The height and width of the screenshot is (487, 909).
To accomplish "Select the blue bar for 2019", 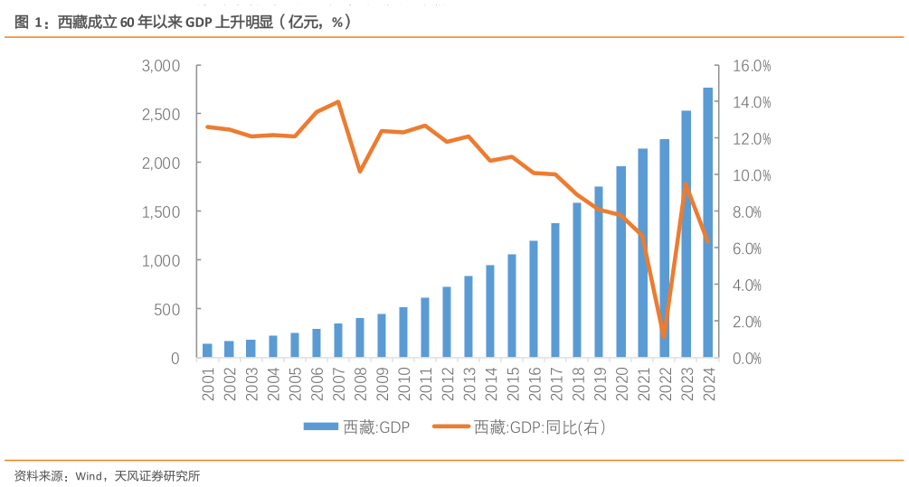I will (x=599, y=272).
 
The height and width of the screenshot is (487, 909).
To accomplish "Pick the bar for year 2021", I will (x=642, y=253).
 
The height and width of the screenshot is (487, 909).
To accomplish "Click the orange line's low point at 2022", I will (x=664, y=336).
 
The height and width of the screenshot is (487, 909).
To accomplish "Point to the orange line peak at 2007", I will (x=337, y=102).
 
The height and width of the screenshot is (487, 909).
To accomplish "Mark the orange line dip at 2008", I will (x=360, y=171).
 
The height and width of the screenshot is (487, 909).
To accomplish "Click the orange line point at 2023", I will (x=686, y=184).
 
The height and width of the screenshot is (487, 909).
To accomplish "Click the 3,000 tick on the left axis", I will (x=162, y=66).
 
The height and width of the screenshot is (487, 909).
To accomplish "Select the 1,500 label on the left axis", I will (x=162, y=211).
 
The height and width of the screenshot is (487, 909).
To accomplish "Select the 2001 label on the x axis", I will (x=208, y=383).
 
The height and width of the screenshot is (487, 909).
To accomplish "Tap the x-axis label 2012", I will (x=447, y=383).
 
